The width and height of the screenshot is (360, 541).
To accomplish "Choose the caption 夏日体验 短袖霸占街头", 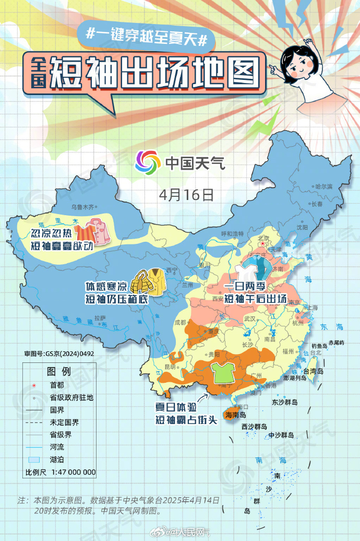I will tap(186, 413).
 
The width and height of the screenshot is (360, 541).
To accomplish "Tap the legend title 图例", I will tap(58, 371).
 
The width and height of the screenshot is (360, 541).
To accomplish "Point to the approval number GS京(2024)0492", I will tap(58, 354).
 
